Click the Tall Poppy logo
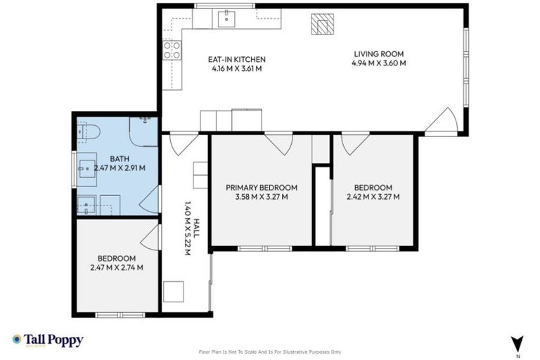(x=47, y=340)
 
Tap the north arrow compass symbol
(x=518, y=344)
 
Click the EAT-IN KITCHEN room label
(x=236, y=59)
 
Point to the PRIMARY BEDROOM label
(x=261, y=188)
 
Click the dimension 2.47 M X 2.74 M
(x=117, y=267)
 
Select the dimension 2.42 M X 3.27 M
(x=373, y=197)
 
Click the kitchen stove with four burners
(x=172, y=50)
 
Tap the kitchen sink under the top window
(x=226, y=18)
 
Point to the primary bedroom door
(x=278, y=143)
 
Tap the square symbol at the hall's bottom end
(x=173, y=290)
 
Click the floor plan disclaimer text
(x=270, y=352)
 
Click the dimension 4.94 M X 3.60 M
(x=379, y=63)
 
